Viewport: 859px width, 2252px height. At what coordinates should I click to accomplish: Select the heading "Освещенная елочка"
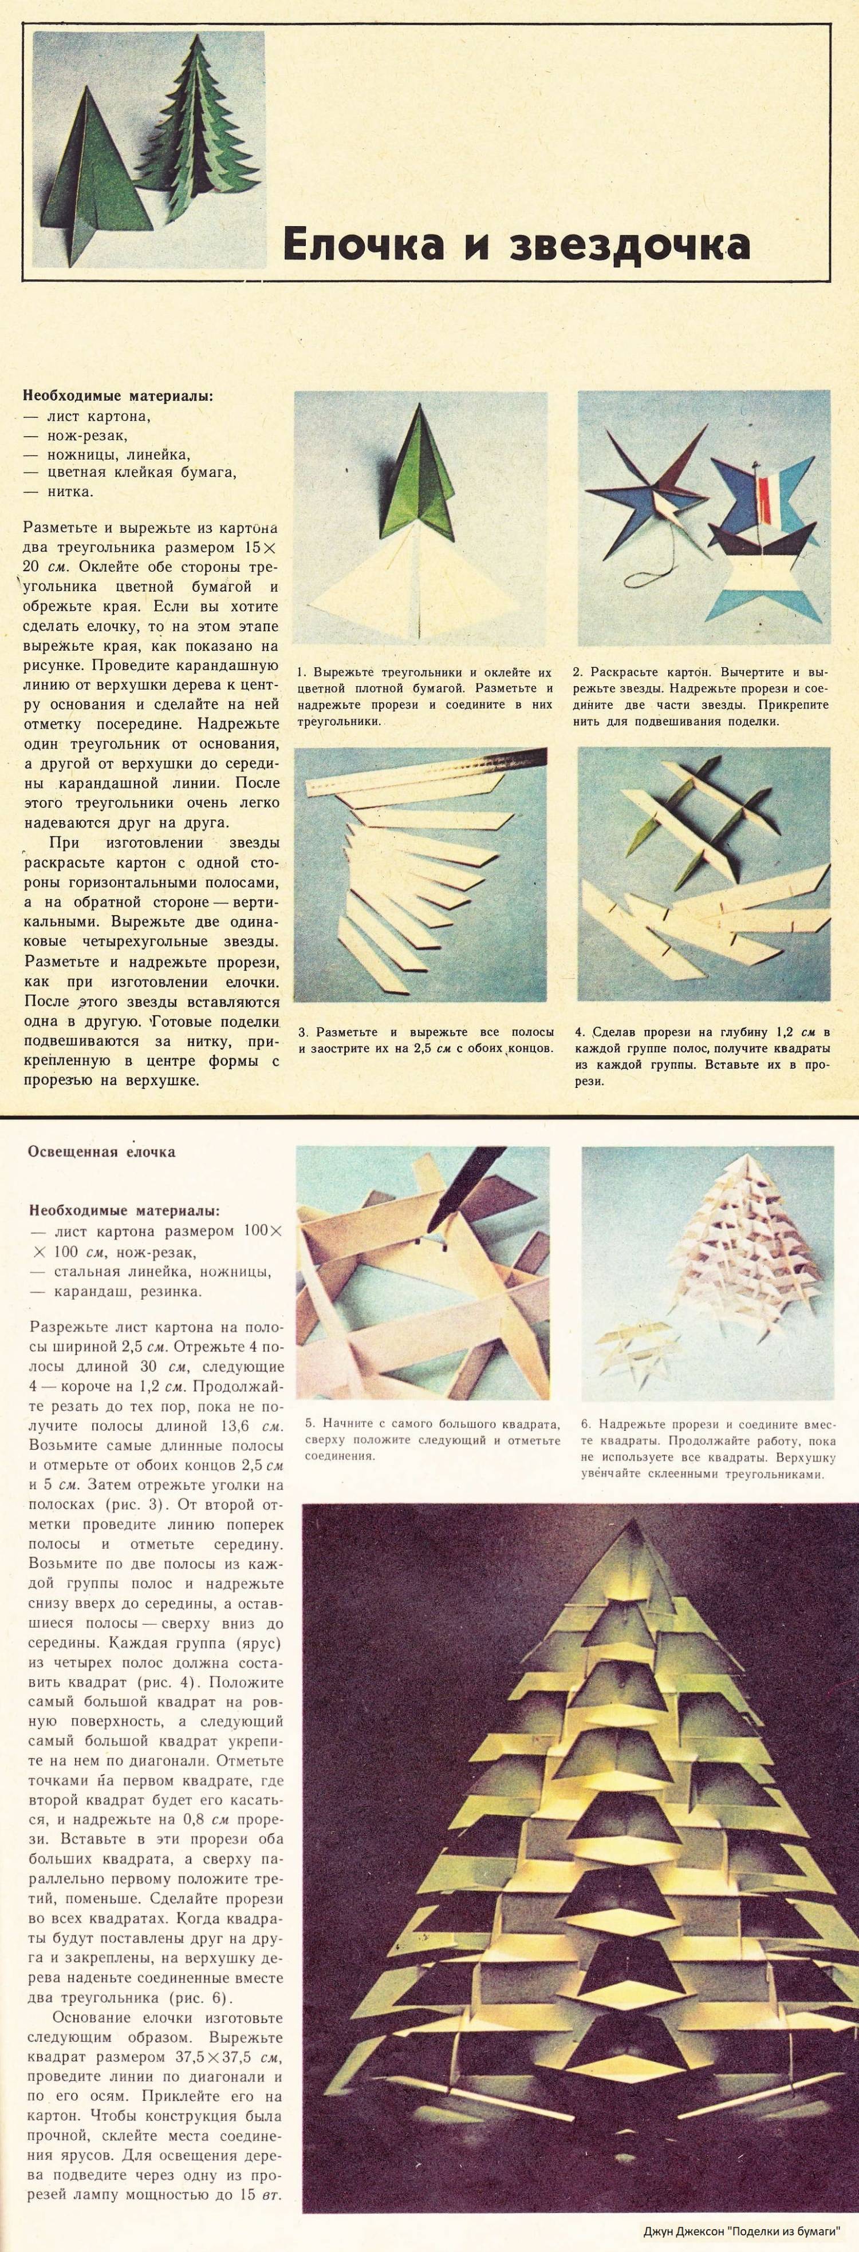click(x=101, y=1151)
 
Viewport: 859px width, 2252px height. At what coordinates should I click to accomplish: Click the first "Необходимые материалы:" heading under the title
click(x=118, y=396)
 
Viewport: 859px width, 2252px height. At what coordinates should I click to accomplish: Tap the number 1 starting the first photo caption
click(x=301, y=672)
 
